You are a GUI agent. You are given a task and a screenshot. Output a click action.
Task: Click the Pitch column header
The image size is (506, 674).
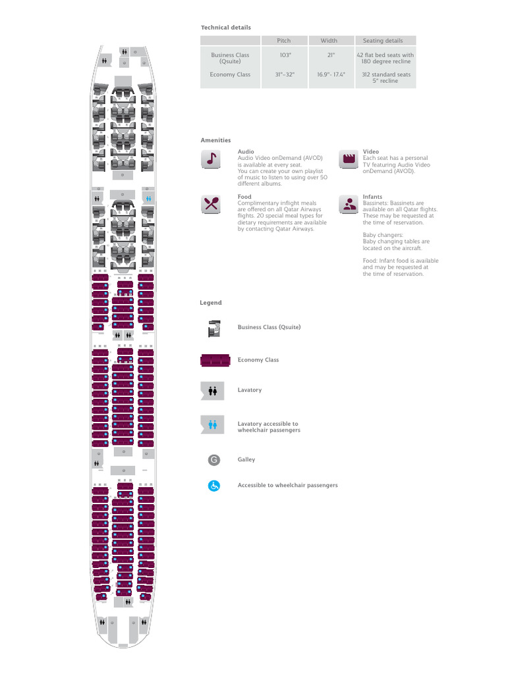[x=283, y=41]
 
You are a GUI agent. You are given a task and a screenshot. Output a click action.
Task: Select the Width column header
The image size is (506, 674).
[x=328, y=41]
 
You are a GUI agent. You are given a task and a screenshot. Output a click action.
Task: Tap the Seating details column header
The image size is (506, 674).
[x=385, y=41]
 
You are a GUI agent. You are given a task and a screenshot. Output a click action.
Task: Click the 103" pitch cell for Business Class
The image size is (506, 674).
[x=283, y=55]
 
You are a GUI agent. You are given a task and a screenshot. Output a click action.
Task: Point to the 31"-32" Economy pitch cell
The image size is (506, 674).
[x=283, y=74]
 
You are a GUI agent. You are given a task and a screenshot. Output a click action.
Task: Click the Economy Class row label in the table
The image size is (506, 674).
[x=230, y=74]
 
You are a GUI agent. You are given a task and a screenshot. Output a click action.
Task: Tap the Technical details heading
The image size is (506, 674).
[x=225, y=28]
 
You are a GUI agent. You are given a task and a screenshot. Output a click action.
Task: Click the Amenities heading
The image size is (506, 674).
[x=215, y=140]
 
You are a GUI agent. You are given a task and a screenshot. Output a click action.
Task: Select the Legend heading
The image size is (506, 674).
[x=211, y=303]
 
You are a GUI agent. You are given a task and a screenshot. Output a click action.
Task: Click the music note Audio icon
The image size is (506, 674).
[x=211, y=159]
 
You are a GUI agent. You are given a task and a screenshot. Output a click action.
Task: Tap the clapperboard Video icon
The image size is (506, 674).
[x=348, y=159]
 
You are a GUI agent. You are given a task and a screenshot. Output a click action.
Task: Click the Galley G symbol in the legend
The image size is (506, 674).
[x=213, y=459]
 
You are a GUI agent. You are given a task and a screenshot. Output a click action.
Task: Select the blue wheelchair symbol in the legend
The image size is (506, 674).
[x=213, y=486]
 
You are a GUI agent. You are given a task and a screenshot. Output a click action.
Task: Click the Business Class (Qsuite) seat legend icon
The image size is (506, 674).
[x=213, y=327]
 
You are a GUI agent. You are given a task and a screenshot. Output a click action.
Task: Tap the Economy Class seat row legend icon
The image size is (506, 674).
[x=213, y=360]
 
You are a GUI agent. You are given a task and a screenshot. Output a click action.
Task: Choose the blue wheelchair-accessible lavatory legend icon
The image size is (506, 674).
[x=213, y=425]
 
